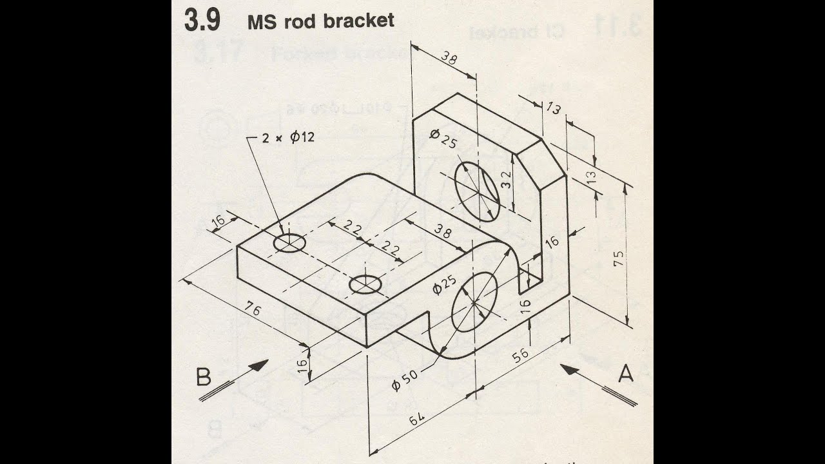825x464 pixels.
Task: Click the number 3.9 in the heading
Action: click(x=202, y=21)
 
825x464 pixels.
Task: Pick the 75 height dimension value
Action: click(x=619, y=258)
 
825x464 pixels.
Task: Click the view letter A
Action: click(x=625, y=373)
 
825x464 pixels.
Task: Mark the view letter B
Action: click(x=203, y=376)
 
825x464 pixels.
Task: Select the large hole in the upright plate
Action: click(x=477, y=189)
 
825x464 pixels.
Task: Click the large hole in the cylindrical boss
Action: click(x=475, y=301)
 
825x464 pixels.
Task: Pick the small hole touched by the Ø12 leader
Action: click(x=289, y=242)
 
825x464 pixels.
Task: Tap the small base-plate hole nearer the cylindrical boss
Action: click(x=365, y=284)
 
